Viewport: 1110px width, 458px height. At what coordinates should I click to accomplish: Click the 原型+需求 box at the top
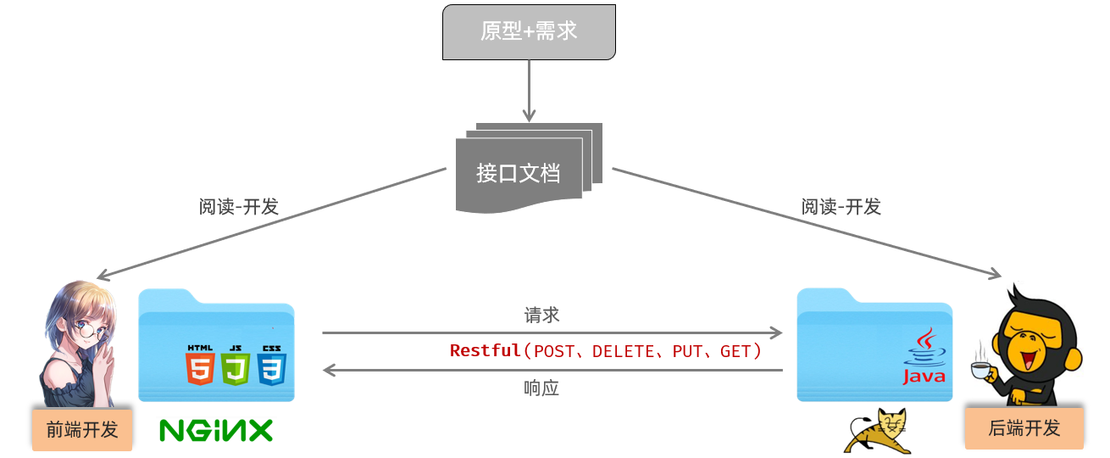tap(529, 31)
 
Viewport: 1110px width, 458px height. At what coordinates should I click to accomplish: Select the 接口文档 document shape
tap(519, 173)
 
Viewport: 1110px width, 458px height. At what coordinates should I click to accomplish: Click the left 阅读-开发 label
tap(239, 207)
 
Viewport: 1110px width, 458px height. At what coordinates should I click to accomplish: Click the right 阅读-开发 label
tap(841, 207)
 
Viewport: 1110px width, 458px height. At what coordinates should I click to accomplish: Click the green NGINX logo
tap(216, 430)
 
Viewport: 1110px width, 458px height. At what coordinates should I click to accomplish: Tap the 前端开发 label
tap(82, 429)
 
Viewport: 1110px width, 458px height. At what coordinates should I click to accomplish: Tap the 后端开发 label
tap(1024, 427)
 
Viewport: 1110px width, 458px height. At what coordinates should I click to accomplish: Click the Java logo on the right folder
tap(923, 356)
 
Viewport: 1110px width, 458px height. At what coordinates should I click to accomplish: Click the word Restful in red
tap(485, 350)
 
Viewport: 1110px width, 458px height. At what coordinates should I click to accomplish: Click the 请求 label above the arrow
tap(541, 316)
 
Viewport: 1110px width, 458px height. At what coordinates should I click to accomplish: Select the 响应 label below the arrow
tap(541, 388)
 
